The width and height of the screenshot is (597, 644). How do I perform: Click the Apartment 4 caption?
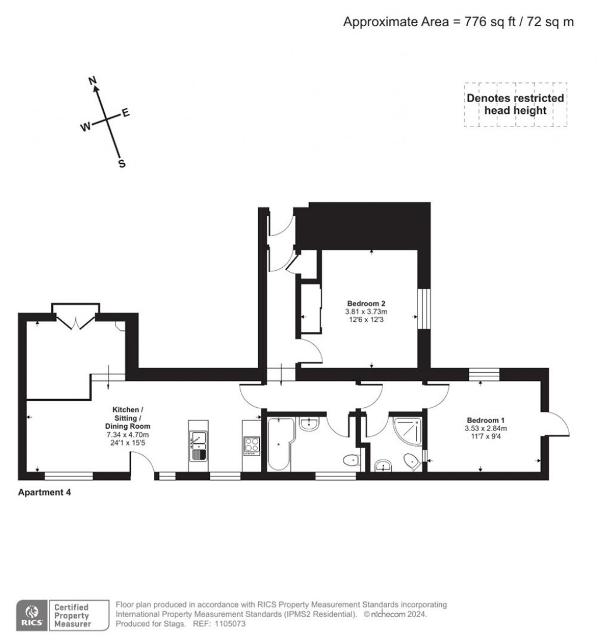[45, 492]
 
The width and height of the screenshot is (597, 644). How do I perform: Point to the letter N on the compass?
[92, 81]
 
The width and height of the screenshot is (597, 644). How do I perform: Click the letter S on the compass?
[122, 164]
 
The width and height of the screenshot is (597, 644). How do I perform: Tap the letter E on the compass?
[125, 113]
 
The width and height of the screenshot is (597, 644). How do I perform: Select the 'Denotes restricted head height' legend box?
[515, 104]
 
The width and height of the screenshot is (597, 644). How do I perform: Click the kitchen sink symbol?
[198, 444]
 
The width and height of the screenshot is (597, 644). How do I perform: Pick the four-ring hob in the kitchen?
[251, 446]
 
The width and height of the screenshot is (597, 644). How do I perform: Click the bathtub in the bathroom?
[279, 443]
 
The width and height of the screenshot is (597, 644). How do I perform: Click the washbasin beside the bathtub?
[309, 424]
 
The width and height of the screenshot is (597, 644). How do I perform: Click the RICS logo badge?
[31, 615]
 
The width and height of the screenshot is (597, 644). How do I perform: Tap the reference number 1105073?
[231, 624]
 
